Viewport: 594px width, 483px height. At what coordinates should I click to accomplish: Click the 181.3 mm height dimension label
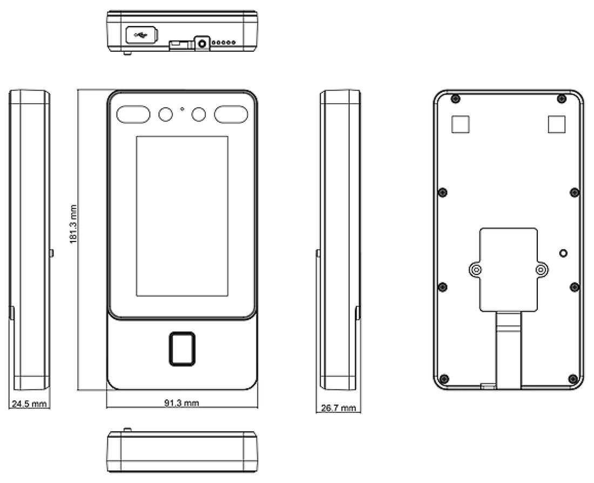73,224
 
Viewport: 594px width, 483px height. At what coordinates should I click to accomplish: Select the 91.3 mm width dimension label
181,403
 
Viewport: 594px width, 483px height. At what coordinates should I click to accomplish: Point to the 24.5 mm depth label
29,404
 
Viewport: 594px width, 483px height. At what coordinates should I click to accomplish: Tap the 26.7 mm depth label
338,408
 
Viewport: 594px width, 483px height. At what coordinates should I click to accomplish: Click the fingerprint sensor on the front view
182,349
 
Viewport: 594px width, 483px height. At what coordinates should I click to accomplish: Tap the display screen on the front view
182,216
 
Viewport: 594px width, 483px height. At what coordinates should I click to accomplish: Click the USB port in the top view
141,35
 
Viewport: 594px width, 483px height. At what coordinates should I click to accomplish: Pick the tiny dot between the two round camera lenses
182,109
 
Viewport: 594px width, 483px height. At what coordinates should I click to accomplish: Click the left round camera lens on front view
166,114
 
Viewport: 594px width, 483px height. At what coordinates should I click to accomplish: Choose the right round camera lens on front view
199,114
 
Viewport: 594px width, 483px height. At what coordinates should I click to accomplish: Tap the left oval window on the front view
133,115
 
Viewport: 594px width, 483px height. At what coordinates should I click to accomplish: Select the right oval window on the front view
231,115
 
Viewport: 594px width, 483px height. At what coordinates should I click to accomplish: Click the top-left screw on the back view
456,99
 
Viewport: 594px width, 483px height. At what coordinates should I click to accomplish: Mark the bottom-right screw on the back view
573,379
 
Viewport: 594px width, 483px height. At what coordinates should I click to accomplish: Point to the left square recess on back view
461,124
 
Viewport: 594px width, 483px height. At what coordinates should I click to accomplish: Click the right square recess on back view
557,124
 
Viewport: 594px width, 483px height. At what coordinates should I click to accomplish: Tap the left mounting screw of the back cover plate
476,270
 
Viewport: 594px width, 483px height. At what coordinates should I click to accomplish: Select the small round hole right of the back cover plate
563,253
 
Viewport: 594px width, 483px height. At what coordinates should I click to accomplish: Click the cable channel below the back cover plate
508,350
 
